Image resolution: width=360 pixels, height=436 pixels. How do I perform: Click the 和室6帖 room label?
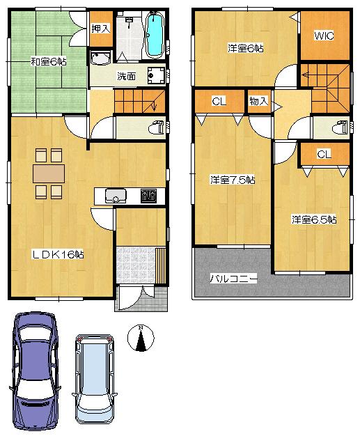click(x=49, y=62)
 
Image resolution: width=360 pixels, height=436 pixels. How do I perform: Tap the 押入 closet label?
click(x=100, y=29)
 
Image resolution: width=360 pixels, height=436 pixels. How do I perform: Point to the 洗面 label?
click(x=126, y=76)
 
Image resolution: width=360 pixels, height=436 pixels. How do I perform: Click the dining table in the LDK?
click(x=48, y=173)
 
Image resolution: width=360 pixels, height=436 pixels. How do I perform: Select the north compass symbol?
click(x=141, y=339)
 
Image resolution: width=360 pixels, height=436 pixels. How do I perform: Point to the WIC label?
click(x=323, y=35)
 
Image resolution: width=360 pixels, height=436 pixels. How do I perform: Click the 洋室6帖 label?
click(x=246, y=48)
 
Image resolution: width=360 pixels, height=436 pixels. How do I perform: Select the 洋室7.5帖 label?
click(x=233, y=180)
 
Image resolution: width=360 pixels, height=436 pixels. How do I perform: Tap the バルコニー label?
click(x=235, y=279)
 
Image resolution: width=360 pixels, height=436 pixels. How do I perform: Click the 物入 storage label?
click(x=258, y=102)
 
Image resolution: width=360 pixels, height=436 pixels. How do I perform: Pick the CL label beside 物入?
click(x=219, y=102)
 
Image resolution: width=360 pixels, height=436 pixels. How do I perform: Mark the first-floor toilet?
click(x=156, y=128)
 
